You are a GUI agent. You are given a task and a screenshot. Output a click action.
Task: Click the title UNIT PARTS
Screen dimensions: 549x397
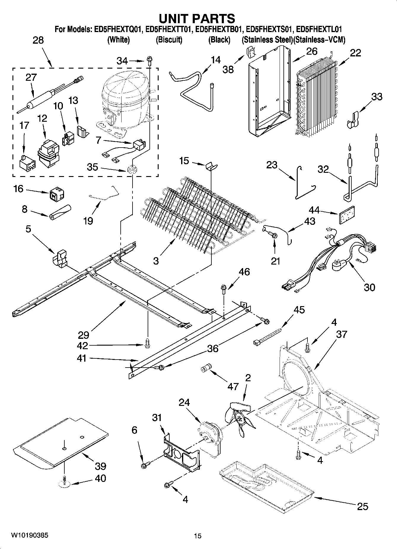197,18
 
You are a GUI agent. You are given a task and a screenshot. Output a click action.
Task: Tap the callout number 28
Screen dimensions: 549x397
38,40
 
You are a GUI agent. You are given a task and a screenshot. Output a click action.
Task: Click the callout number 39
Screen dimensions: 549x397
101,466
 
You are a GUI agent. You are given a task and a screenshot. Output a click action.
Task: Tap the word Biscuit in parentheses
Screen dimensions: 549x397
169,40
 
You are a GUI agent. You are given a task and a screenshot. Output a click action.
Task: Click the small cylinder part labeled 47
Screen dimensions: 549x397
205,368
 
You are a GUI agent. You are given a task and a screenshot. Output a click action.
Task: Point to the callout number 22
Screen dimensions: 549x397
355,53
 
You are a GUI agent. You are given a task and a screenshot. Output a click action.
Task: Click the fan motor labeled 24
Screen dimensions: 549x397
209,436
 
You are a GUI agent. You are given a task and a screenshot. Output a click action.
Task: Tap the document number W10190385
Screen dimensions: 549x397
29,535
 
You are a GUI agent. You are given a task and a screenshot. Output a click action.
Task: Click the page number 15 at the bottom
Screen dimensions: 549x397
197,536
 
